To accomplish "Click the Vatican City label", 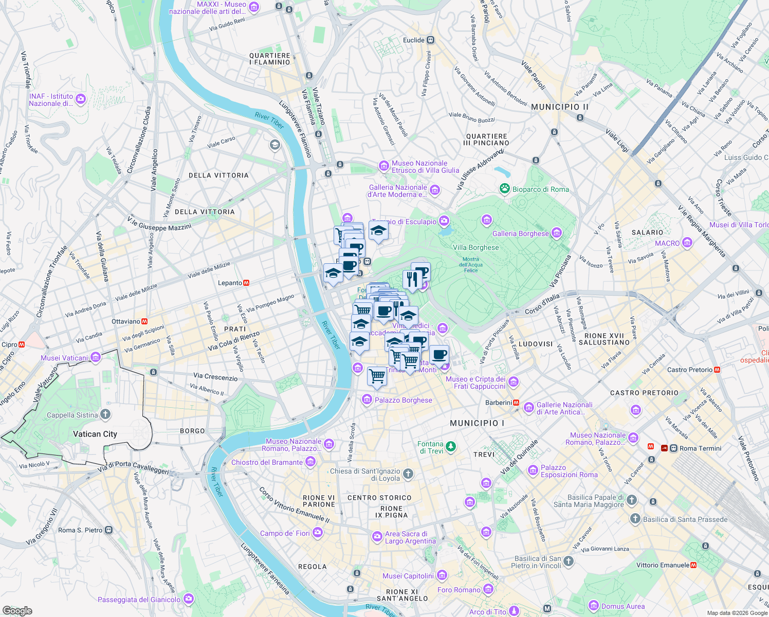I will coord(95,434).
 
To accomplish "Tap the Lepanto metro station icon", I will coord(246,283).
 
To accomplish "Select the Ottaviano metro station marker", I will coord(144,321).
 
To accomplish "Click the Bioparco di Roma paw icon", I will coord(505,189).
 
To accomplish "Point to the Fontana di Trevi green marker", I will coord(451,446).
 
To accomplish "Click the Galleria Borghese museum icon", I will coord(556,233).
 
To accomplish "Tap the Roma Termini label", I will coord(700,448).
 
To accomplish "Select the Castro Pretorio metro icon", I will coord(717,370).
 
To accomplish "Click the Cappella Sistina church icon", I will coord(105,414).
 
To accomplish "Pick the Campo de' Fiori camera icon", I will coord(318,533).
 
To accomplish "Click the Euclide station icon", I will coord(431,40).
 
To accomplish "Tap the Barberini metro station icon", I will coord(516,403).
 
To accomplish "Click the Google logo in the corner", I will coord(17,610).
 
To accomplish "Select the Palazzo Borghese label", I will coord(404,400).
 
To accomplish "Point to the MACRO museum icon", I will coord(687,243).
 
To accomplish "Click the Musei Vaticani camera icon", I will coord(96,357).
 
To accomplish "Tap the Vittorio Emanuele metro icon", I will coord(693,565).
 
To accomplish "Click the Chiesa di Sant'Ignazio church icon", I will coord(408,474).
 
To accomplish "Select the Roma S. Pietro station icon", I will coord(108,530).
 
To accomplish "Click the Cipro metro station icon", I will coord(22,344).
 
